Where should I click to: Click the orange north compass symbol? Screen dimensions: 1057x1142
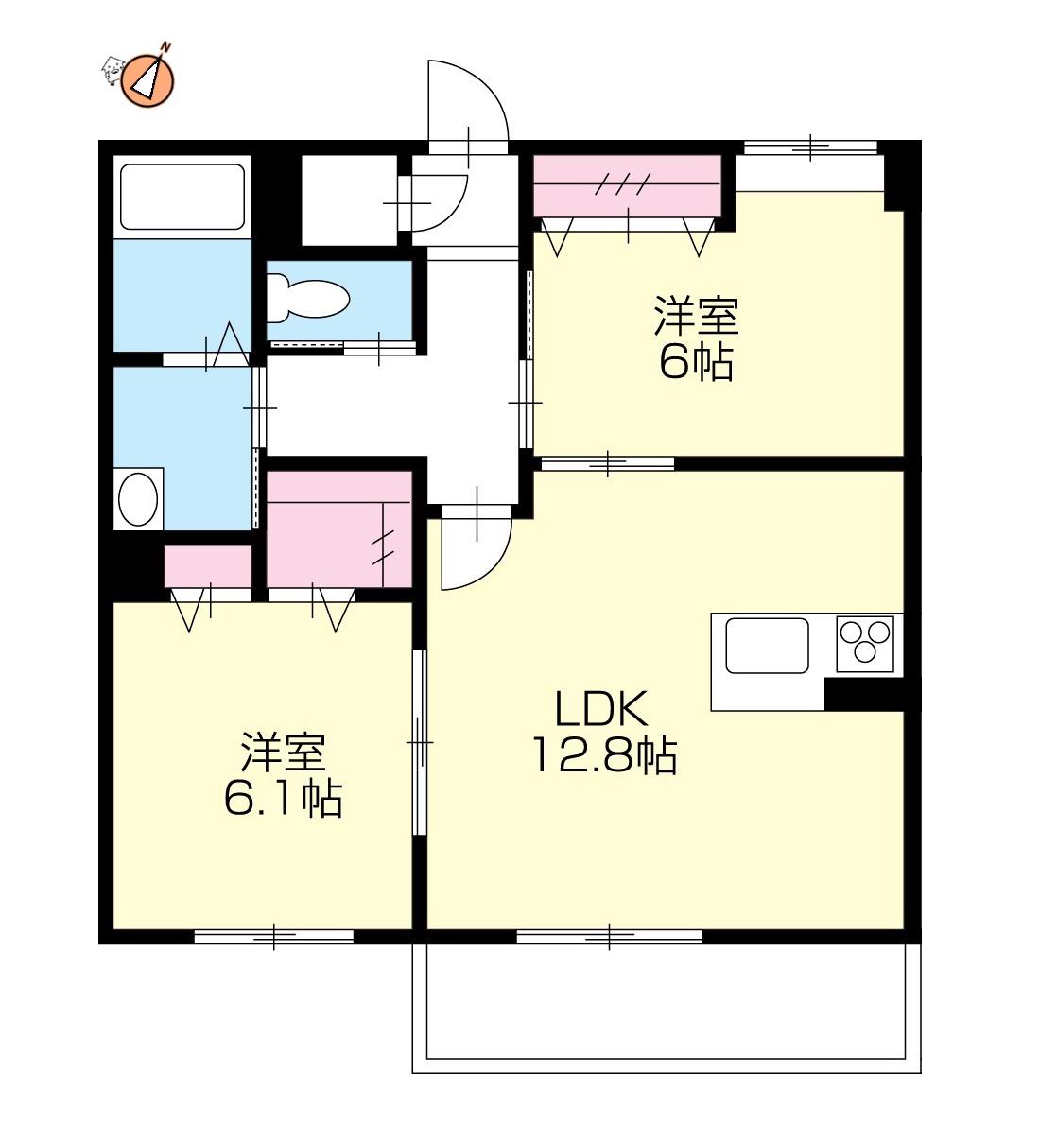pyautogui.click(x=149, y=80)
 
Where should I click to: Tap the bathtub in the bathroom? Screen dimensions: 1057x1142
pyautogui.click(x=182, y=198)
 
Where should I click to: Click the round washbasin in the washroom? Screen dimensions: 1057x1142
pyautogui.click(x=138, y=499)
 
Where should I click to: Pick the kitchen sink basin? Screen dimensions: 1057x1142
pyautogui.click(x=767, y=645)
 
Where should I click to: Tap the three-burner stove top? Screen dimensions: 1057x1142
pyautogui.click(x=865, y=644)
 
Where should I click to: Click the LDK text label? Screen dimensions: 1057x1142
pyautogui.click(x=601, y=709)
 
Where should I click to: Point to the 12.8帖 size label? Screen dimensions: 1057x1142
pyautogui.click(x=604, y=755)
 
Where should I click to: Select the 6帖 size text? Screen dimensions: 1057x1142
pyautogui.click(x=696, y=363)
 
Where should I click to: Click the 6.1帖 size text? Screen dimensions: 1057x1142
pyautogui.click(x=283, y=799)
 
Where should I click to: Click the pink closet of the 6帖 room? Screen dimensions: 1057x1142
pyautogui.click(x=628, y=185)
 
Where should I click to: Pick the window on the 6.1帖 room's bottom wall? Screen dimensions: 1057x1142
pyautogui.click(x=274, y=937)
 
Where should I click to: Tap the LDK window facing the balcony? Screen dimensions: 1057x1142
pyautogui.click(x=609, y=937)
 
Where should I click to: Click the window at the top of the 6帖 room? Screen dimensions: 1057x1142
pyautogui.click(x=810, y=147)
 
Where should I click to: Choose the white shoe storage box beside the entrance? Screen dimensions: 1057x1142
pyautogui.click(x=349, y=200)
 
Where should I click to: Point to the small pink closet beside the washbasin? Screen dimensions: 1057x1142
pyautogui.click(x=208, y=566)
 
